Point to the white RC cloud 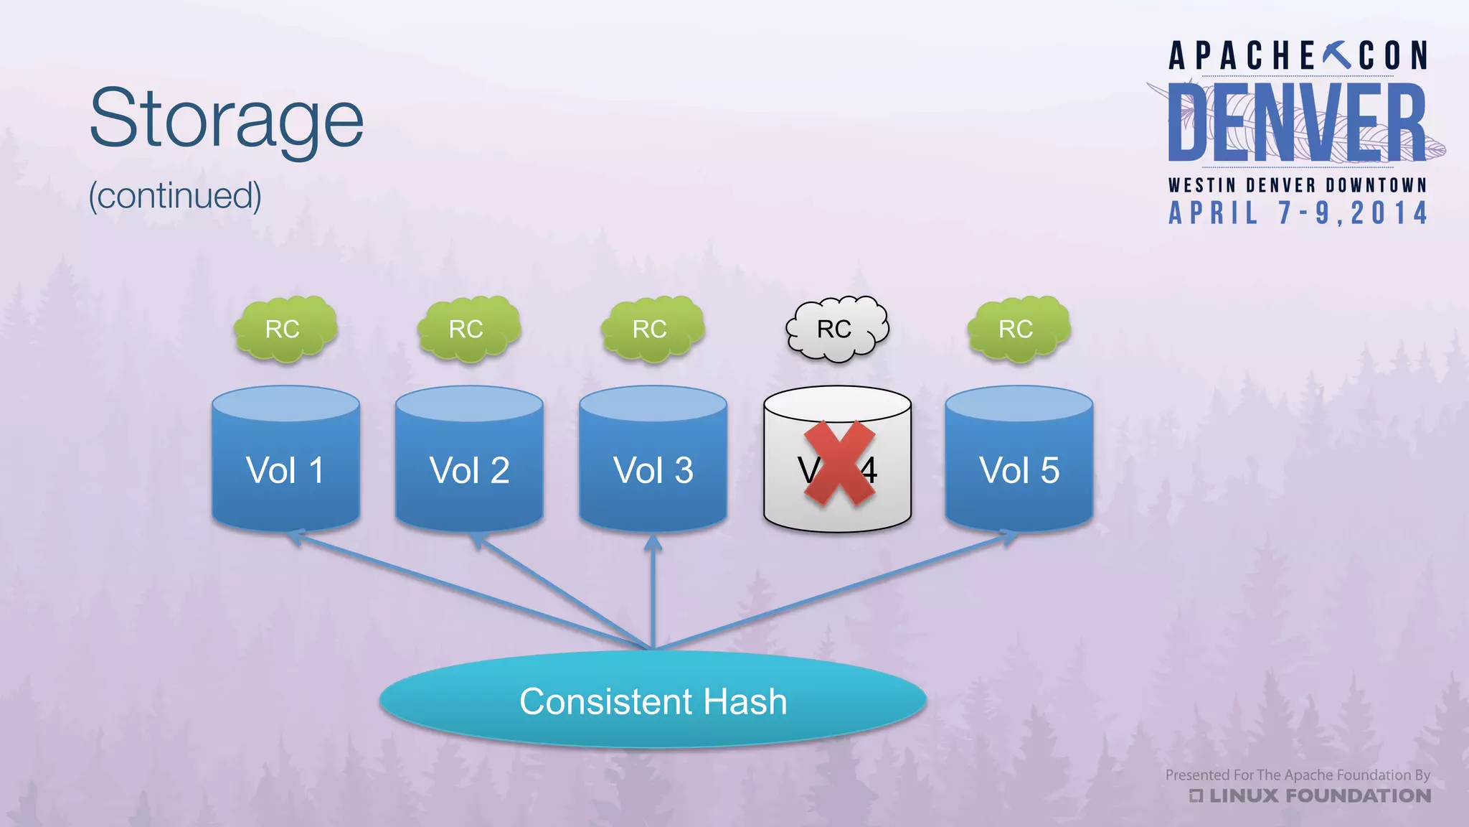click(836, 329)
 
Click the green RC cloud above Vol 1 click(285, 329)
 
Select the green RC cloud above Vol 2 click(468, 329)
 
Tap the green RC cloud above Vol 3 click(652, 329)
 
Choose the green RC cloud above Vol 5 click(1018, 329)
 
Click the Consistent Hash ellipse click(653, 701)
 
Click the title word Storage click(227, 119)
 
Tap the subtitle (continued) click(175, 195)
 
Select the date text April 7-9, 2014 click(1298, 213)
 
